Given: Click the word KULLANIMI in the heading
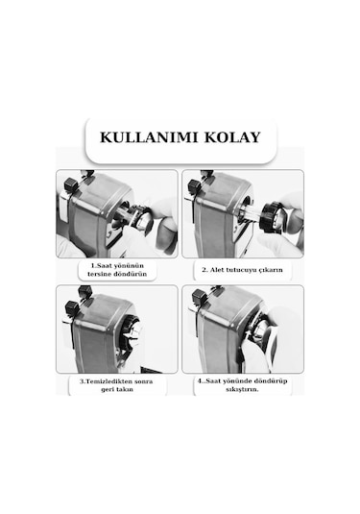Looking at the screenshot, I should (150, 137).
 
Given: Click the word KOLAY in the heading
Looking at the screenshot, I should (232, 137).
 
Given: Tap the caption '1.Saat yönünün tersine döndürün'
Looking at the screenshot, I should (117, 270).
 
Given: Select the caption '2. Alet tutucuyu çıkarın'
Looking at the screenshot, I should (243, 270).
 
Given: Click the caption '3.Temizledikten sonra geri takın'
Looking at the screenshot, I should (117, 385).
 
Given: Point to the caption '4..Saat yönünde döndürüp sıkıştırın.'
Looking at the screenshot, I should (243, 385).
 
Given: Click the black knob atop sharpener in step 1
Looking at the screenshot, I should (72, 184).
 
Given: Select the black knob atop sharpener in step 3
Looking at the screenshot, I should (72, 307).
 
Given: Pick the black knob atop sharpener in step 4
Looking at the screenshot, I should (200, 298).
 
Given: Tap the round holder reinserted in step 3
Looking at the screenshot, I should (134, 331).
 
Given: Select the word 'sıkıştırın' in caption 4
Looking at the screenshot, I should (243, 390).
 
